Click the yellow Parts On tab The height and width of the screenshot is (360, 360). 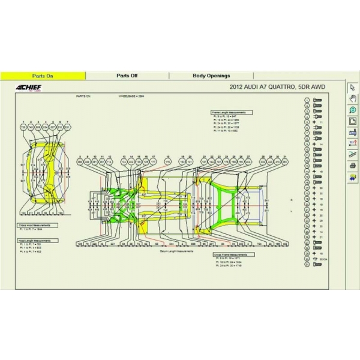click(x=43, y=76)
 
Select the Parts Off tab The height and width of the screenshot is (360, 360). click(x=127, y=76)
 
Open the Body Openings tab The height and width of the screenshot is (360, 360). click(x=211, y=76)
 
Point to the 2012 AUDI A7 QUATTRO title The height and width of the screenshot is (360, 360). click(x=277, y=88)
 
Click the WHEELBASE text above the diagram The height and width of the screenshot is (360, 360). click(x=132, y=96)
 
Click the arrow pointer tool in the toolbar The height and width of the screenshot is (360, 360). click(x=353, y=88)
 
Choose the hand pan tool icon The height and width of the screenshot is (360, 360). click(x=353, y=98)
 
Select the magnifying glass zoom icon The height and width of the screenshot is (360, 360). click(x=353, y=110)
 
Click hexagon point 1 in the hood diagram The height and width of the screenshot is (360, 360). click(x=23, y=127)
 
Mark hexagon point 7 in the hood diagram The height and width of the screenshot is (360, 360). click(x=67, y=127)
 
